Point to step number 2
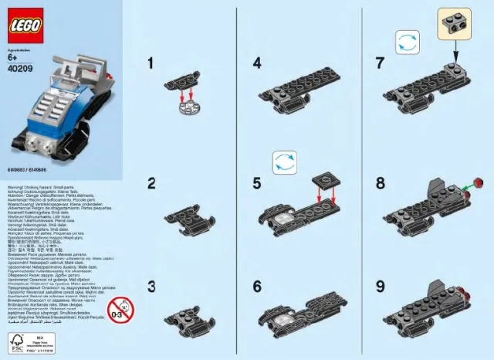pos(152,184)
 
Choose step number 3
pos(152,287)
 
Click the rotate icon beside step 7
pos(407,42)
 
